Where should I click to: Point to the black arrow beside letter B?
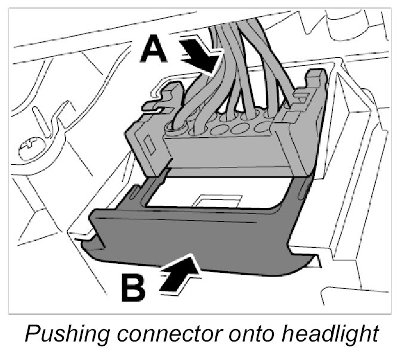pyautogui.click(x=179, y=274)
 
